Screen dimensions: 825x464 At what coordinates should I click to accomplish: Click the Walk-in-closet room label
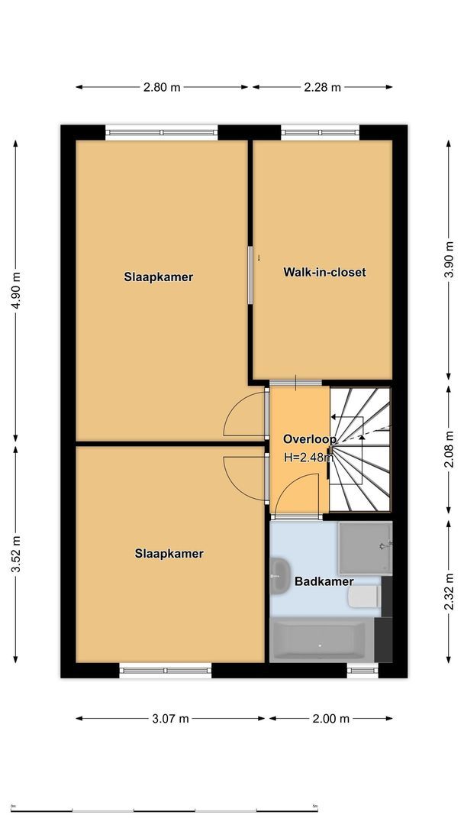[x=324, y=272]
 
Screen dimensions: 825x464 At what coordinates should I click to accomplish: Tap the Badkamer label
[x=324, y=581]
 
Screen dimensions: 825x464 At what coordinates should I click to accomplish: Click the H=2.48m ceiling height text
[x=308, y=458]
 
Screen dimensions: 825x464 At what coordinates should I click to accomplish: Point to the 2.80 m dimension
[x=162, y=87]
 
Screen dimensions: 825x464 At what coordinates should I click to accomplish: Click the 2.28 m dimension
[x=321, y=87]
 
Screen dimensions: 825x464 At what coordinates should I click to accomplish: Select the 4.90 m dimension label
[x=16, y=288]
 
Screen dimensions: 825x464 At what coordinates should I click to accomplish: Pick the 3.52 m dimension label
[x=16, y=553]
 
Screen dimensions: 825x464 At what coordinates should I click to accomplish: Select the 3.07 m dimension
[x=171, y=718]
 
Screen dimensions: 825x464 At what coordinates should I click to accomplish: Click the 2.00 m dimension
[x=330, y=718]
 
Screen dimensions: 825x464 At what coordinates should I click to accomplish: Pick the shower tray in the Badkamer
[x=365, y=548]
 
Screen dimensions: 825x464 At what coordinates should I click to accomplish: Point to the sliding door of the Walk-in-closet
[x=250, y=275]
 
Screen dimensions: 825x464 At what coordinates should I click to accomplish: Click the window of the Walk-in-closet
[x=321, y=131]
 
